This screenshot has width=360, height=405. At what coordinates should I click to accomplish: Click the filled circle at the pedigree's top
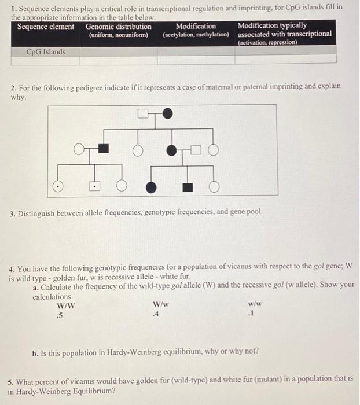(x=167, y=114)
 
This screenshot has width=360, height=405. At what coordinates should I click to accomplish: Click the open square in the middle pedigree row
(x=195, y=150)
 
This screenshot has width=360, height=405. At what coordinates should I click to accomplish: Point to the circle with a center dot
(x=57, y=186)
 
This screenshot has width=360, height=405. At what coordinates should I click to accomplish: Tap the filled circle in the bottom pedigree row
(x=151, y=186)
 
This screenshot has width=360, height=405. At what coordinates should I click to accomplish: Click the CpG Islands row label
(x=46, y=52)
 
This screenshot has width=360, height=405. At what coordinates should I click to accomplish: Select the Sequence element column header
(x=46, y=27)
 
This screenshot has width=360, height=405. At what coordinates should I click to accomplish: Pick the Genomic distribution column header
(x=119, y=27)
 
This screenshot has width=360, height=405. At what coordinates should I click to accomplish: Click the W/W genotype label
(x=65, y=305)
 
